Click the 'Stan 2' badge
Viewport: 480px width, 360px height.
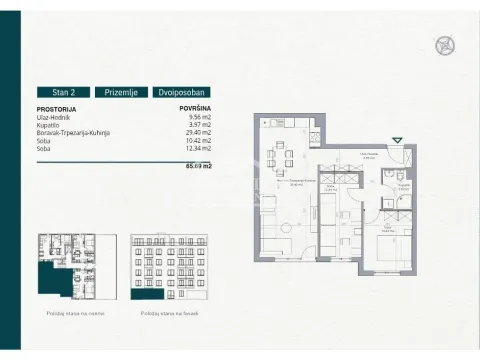pyautogui.click(x=64, y=92)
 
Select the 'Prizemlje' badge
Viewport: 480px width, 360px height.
pyautogui.click(x=124, y=92)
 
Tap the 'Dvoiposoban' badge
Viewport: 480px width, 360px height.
pyautogui.click(x=183, y=92)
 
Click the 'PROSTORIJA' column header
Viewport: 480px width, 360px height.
pyautogui.click(x=55, y=108)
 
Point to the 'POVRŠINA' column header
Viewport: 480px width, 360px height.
pyautogui.click(x=194, y=108)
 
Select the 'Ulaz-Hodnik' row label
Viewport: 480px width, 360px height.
pyautogui.click(x=53, y=116)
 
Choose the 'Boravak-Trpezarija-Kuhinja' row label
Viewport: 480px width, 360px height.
pyautogui.click(x=72, y=132)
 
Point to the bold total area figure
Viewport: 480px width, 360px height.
pyautogui.click(x=198, y=167)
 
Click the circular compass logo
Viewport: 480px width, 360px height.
pyautogui.click(x=444, y=45)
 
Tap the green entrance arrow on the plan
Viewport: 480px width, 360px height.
pyautogui.click(x=399, y=140)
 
